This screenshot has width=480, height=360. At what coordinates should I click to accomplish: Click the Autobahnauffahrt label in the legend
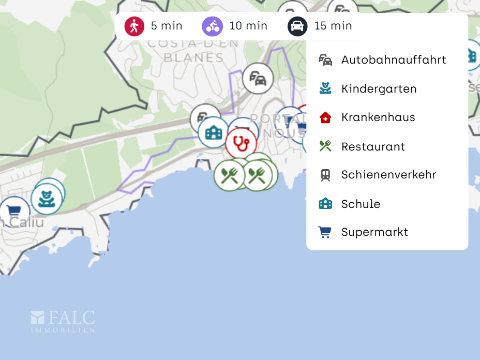coord(393,60)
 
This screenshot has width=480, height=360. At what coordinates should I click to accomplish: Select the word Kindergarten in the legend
coord(379,89)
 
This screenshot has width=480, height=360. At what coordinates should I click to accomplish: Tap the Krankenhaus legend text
coord(378,117)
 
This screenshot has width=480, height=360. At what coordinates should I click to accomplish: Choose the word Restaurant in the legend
coord(373,147)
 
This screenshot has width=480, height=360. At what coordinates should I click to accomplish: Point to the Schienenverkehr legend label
coord(388,175)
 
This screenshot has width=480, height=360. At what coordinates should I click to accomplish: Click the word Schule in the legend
coord(361,204)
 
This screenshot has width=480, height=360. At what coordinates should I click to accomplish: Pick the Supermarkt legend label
coord(374,232)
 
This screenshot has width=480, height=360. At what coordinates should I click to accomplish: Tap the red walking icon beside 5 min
coord(134,26)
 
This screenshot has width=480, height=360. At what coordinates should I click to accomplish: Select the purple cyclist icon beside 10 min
coord(212,26)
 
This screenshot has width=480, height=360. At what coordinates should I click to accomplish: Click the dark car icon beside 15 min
coord(297,26)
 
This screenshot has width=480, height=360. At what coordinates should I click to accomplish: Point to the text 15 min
coord(333,26)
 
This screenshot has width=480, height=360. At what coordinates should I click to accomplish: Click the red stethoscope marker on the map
coord(241,142)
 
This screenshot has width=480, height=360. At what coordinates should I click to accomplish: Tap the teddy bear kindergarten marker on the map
coord(47,199)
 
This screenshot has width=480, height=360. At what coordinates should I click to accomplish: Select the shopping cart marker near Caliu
coord(13,212)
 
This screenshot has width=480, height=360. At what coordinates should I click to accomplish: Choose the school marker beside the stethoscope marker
coord(213,133)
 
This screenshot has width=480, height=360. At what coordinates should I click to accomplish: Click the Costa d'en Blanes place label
coord(193,51)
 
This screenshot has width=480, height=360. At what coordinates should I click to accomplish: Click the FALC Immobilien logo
coord(63,321)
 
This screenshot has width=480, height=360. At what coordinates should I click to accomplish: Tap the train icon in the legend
coord(325,175)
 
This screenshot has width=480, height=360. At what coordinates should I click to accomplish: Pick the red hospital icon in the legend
coord(325,117)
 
